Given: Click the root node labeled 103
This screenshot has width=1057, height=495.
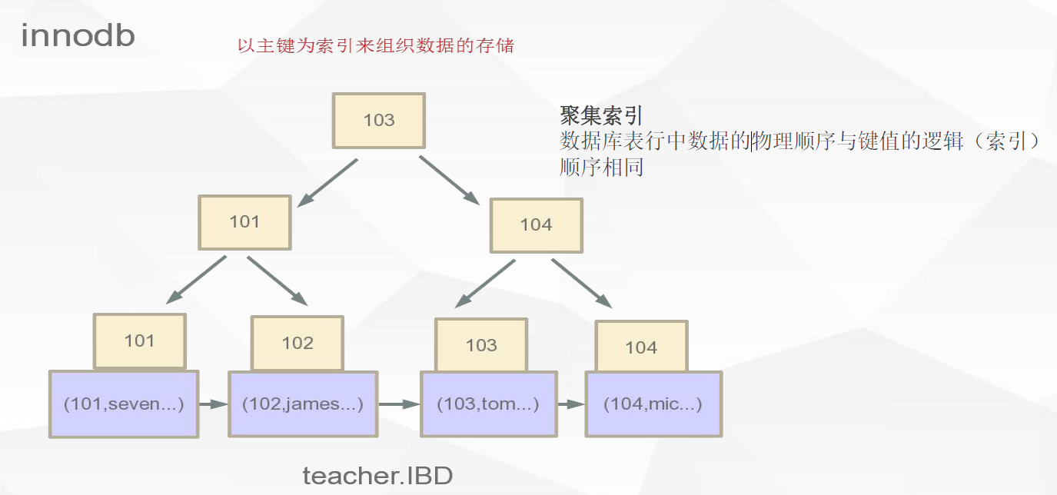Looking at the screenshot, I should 378,121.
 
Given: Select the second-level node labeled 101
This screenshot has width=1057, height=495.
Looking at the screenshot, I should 244,222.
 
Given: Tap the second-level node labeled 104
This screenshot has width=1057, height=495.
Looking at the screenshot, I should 536,225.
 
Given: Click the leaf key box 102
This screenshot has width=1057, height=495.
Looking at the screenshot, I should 297,343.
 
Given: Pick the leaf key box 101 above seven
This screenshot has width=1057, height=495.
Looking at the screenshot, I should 139,341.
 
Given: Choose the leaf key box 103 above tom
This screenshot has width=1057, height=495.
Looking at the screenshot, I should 481,345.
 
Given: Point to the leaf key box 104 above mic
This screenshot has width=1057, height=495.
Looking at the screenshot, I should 641,347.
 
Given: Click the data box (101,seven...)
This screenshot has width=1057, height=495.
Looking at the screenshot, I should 124,404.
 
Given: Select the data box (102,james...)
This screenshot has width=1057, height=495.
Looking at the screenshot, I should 303,404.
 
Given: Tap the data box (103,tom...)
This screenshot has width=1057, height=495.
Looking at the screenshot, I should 488,404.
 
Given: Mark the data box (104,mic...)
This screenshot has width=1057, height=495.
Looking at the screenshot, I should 653,404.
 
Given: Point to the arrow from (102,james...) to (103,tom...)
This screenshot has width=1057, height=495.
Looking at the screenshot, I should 399,403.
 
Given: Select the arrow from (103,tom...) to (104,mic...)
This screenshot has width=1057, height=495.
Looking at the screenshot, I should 571,404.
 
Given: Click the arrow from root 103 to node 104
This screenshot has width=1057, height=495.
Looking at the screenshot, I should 449,180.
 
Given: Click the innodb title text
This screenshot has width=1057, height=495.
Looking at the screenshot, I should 78,35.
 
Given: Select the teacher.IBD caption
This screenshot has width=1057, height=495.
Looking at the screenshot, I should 377,476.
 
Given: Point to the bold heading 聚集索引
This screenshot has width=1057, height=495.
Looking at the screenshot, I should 600,116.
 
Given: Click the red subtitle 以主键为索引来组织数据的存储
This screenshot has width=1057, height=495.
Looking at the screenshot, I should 375,46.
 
